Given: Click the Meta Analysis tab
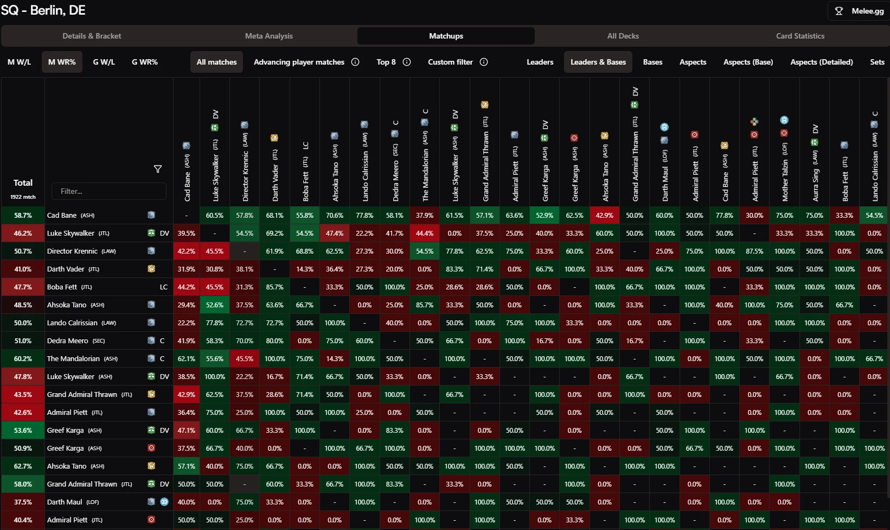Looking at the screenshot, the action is pos(268,36).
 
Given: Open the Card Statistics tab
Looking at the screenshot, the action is pos(800,36).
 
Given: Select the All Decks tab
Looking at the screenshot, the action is pos(623,36).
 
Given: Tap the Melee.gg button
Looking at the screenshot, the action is pos(860,11).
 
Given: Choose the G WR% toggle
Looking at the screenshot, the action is pos(145,62).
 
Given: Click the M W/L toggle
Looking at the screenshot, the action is pos(19,62).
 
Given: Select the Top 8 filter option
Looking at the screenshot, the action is pos(386,62).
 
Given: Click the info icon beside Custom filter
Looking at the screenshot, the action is pos(484,62).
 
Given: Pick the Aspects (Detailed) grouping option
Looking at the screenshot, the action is pos(821,62).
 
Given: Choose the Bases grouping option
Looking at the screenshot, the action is pos(652,62).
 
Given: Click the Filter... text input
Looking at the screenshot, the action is pos(109,191).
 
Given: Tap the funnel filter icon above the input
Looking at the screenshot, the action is pos(158,169).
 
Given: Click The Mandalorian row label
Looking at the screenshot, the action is pos(82,359).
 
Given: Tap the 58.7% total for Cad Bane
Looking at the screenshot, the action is pos(23,216).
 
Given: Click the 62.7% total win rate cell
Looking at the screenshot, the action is pos(23,466).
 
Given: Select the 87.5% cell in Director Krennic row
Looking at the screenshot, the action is pos(754,251).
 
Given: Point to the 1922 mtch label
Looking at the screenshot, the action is pos(23,197).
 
